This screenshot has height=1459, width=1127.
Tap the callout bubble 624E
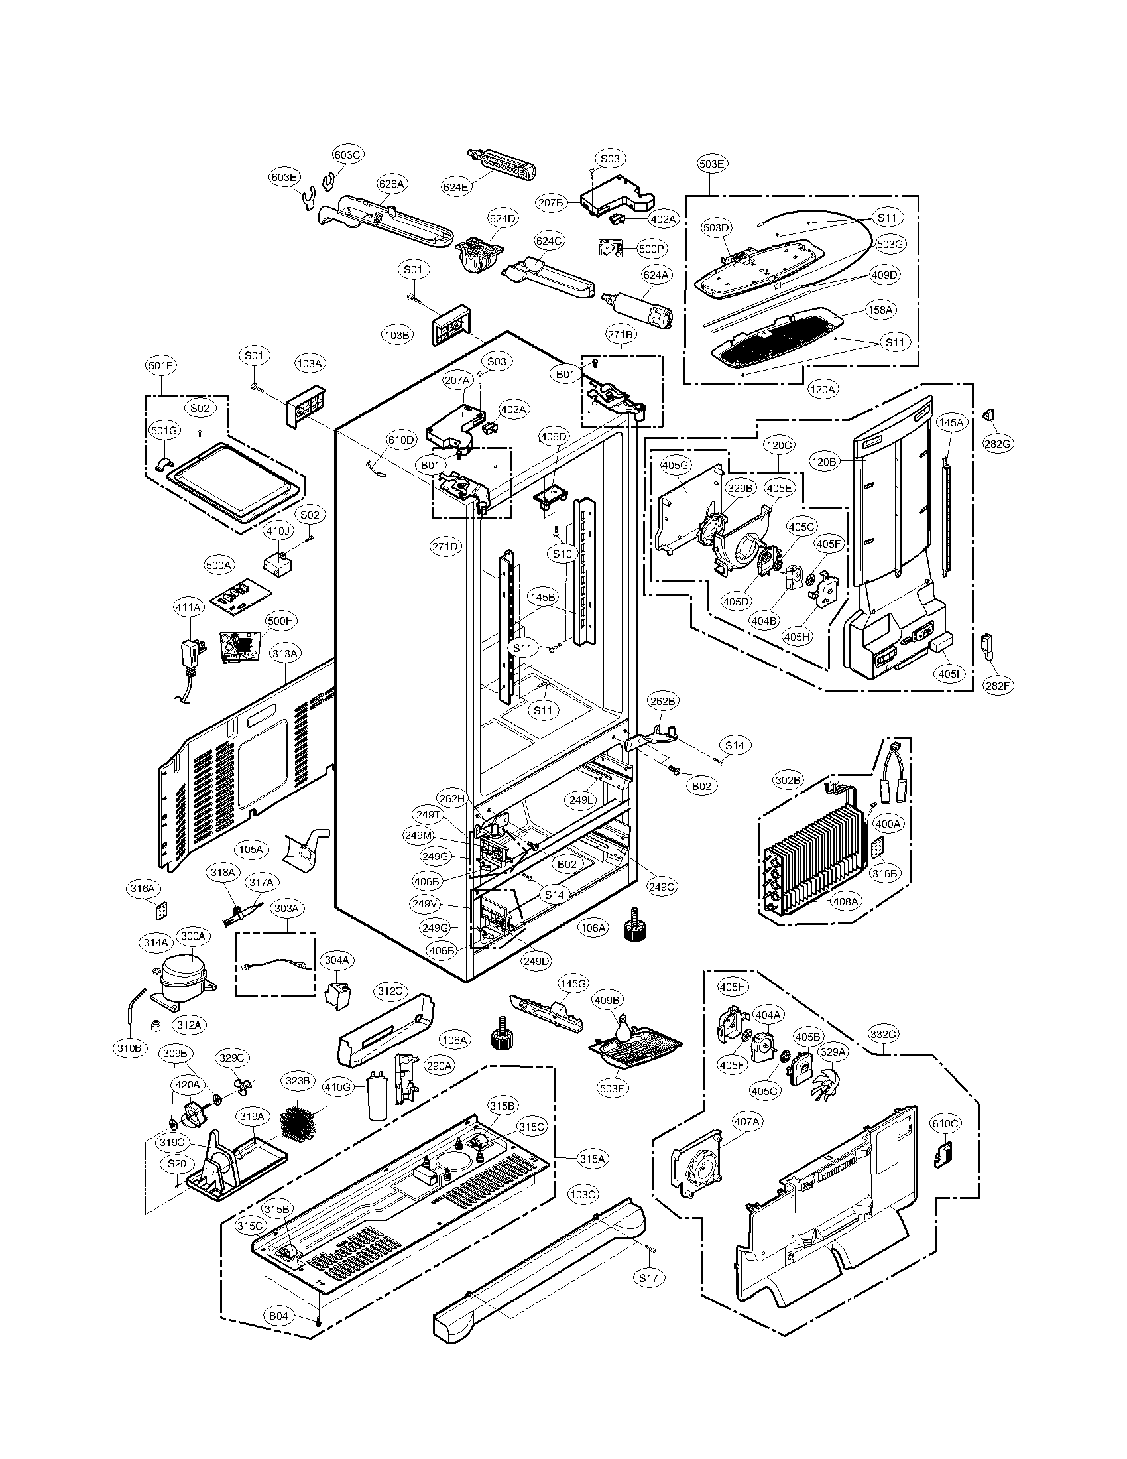pyautogui.click(x=455, y=188)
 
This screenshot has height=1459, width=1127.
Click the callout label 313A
pyautogui.click(x=284, y=653)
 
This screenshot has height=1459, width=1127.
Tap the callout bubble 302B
pyautogui.click(x=788, y=780)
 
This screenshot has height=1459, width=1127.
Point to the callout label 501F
pyautogui.click(x=161, y=365)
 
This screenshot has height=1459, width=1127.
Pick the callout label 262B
pyautogui.click(x=663, y=701)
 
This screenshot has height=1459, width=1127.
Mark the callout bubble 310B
pyautogui.click(x=129, y=1048)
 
